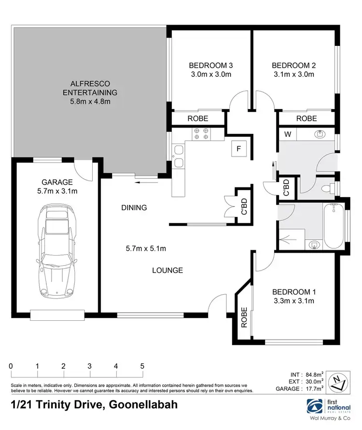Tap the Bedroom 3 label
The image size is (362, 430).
[210, 65]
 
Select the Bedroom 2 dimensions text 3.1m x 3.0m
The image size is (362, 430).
[293, 74]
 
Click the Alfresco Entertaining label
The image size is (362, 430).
[88, 88]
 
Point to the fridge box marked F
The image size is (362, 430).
[238, 148]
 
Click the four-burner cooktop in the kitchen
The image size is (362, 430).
[200, 134]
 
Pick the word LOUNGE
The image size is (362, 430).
[167, 271]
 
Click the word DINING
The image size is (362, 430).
[134, 208]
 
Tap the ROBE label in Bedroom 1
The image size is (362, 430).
[245, 317]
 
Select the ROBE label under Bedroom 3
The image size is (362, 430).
[198, 118]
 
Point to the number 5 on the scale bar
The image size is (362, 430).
[142, 366]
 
